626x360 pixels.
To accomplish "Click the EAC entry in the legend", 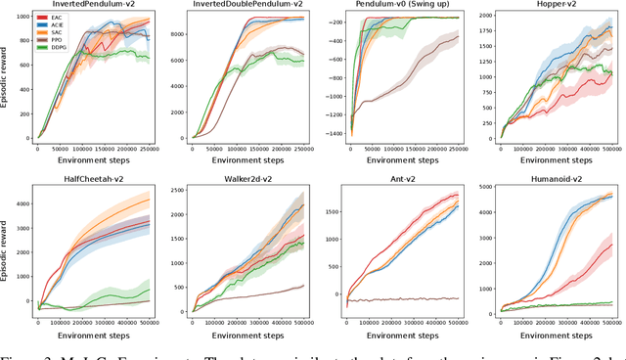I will point(50,17).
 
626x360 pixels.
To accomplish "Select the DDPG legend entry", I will point(52,48).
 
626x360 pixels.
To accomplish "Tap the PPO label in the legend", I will point(50,40).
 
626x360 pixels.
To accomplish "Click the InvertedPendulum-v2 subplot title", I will point(88,5).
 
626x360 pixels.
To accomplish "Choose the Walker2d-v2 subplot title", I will point(245,181).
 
